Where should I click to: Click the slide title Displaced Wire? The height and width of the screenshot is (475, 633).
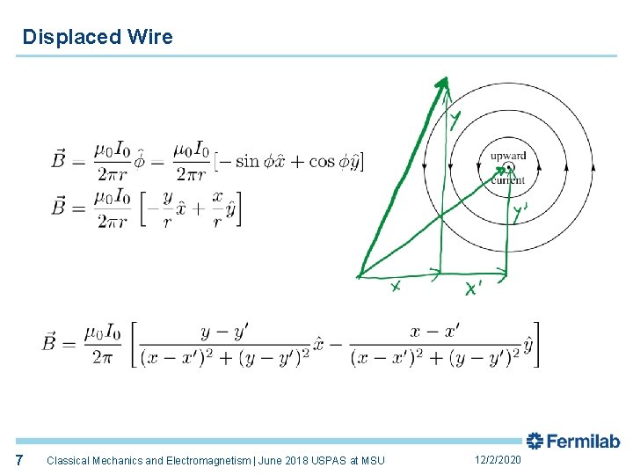98,37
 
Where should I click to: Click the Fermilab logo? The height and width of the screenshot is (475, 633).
573,442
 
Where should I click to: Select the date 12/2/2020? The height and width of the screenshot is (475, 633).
498,460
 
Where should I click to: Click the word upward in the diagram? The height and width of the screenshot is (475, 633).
508,156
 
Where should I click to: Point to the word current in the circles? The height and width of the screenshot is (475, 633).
508,180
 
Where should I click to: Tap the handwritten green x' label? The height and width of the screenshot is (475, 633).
473,289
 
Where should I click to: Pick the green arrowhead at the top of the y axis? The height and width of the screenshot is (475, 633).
442,85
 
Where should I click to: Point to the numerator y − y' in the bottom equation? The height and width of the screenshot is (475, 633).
224,331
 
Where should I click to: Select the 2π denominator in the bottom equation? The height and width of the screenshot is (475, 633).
102,356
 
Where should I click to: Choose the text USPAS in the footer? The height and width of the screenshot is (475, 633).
329,460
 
